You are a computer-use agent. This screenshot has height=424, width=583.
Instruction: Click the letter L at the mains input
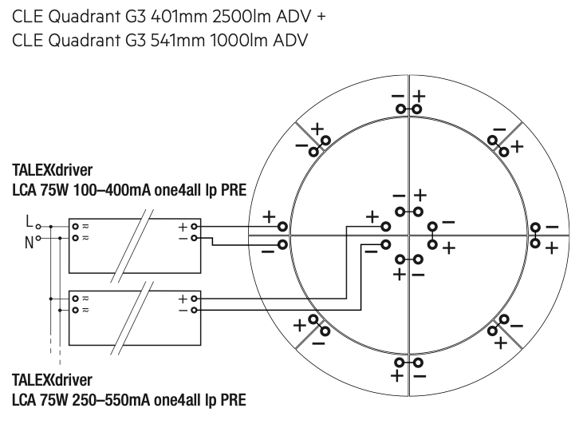29,221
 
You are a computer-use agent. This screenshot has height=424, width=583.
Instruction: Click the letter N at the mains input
29,243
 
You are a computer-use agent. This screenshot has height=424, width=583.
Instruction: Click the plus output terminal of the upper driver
194,226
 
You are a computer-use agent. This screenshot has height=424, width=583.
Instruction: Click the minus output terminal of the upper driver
194,238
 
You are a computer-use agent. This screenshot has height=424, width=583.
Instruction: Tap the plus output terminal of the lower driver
194,299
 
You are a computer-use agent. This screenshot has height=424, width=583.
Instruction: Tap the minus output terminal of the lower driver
194,310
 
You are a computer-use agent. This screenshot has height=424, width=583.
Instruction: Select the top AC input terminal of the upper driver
76,226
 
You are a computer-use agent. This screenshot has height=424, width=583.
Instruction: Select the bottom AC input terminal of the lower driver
76,310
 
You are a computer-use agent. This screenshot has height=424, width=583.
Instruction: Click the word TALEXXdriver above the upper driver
53,170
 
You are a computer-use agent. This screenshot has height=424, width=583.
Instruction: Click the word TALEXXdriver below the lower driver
53,380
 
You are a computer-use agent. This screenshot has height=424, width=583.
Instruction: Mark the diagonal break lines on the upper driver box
132,246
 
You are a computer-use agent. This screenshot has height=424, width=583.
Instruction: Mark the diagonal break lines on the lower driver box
132,319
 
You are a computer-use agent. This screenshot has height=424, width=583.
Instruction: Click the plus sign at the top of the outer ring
420,96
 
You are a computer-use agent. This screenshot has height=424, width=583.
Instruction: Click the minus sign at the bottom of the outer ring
420,377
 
